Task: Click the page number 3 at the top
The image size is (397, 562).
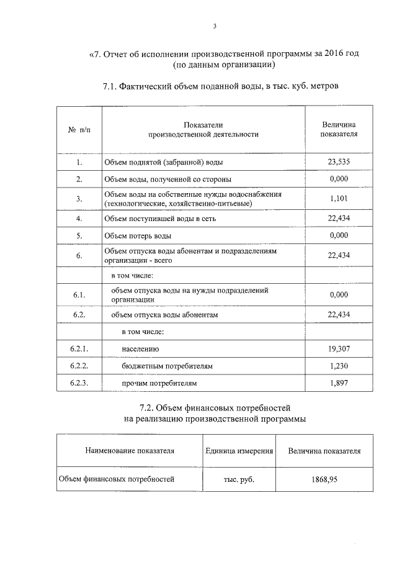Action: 214,26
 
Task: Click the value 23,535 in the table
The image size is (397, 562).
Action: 339,161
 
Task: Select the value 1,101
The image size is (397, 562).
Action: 339,199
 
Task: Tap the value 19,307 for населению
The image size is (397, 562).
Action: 339,349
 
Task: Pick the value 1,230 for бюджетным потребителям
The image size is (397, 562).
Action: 339,366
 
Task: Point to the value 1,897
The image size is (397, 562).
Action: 339,384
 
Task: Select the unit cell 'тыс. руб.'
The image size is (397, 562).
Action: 239,479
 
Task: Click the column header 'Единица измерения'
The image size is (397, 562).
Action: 239,451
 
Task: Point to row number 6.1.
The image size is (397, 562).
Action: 78,294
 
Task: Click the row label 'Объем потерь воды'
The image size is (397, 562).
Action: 138,236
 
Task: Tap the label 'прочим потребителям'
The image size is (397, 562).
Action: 159,384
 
